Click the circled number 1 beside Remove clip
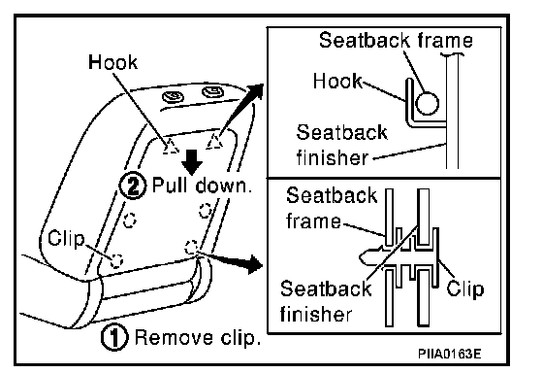[x=114, y=337]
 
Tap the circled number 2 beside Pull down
[x=133, y=186]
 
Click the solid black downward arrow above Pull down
[x=192, y=162]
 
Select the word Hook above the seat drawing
[x=112, y=62]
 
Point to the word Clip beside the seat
[x=66, y=239]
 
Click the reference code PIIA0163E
[x=450, y=354]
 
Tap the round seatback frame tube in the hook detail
[x=427, y=103]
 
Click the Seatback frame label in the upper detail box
[x=396, y=40]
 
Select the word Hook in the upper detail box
[x=337, y=82]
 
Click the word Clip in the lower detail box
[x=465, y=289]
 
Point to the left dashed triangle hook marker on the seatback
[x=171, y=146]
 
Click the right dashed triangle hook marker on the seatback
[x=214, y=142]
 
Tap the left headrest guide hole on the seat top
[x=174, y=97]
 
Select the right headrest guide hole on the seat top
[x=212, y=91]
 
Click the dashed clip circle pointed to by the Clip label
[x=116, y=260]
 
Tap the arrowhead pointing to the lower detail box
[x=255, y=264]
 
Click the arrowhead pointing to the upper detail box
[x=255, y=91]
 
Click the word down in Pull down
[x=223, y=186]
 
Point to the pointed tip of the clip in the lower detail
[x=360, y=256]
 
